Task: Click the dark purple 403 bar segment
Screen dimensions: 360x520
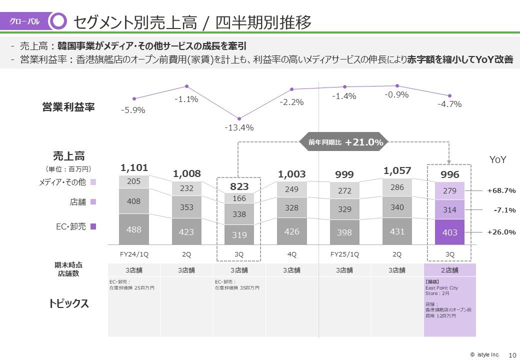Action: click(449, 232)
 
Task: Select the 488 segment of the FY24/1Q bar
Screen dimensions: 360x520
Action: click(134, 229)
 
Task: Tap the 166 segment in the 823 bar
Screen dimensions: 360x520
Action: click(239, 198)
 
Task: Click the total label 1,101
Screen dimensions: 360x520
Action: click(134, 167)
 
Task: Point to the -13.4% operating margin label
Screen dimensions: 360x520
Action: click(239, 127)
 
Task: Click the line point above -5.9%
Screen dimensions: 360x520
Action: click(134, 98)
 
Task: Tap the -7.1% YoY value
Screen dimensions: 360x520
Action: click(504, 210)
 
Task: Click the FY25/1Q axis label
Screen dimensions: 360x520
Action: click(344, 254)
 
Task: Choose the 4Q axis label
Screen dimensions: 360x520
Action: click(292, 254)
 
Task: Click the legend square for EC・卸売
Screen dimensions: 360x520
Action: click(93, 226)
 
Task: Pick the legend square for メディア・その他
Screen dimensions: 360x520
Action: click(93, 182)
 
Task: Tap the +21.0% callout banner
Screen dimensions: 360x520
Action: click(343, 142)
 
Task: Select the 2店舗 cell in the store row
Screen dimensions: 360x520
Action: click(449, 270)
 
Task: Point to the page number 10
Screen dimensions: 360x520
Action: click(511, 355)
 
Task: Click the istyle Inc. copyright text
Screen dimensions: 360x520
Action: click(484, 354)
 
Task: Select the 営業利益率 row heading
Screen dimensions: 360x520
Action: click(68, 107)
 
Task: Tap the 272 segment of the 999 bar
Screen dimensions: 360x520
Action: click(344, 190)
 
